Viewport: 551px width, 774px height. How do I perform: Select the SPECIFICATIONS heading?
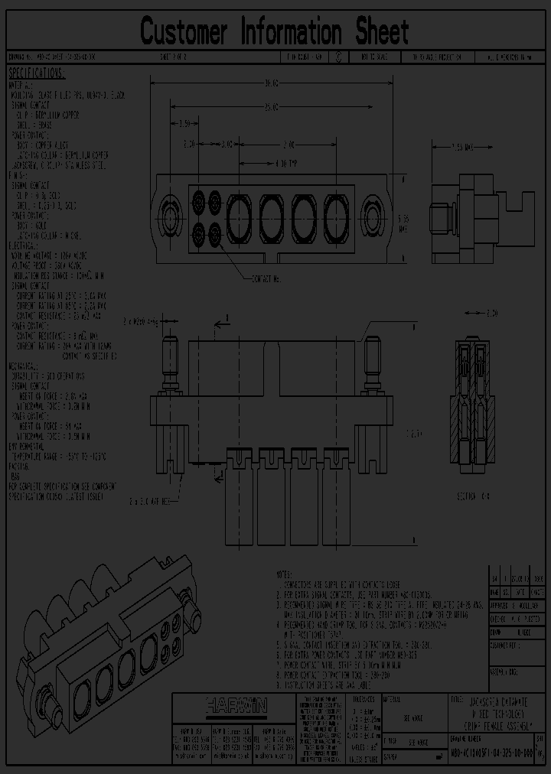tap(37, 74)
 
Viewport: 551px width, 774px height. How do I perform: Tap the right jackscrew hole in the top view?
tap(372, 208)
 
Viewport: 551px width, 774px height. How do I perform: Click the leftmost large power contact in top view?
tap(239, 208)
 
